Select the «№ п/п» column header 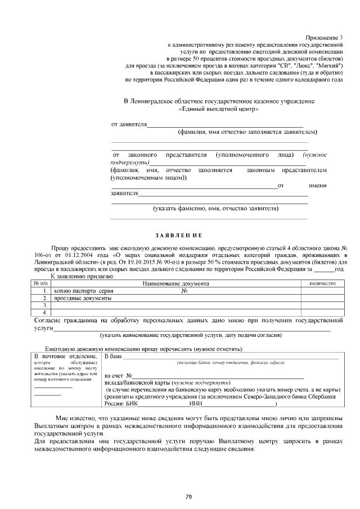pos(40,283)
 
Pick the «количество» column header pos(322,283)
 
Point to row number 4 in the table pos(44,312)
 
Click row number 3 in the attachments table pos(44,305)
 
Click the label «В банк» pos(114,357)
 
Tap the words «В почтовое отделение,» pos(65,357)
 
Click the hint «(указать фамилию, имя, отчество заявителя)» pos(216,208)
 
